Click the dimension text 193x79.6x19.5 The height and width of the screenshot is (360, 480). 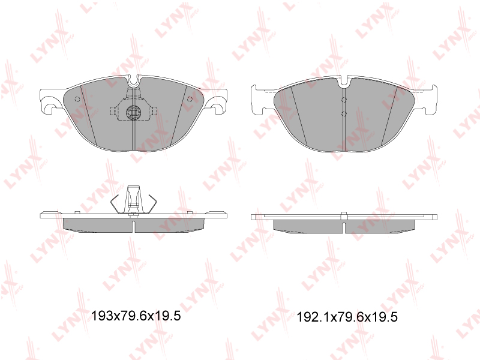tap(136, 316)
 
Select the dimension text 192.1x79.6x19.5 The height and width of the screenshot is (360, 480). tap(347, 317)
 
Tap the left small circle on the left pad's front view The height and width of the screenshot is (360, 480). tap(77, 99)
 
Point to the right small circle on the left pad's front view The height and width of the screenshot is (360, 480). tap(190, 99)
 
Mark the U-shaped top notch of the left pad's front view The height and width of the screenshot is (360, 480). tap(133, 81)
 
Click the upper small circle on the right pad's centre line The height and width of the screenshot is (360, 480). tap(344, 100)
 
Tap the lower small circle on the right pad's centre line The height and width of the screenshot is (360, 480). tap(344, 114)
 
